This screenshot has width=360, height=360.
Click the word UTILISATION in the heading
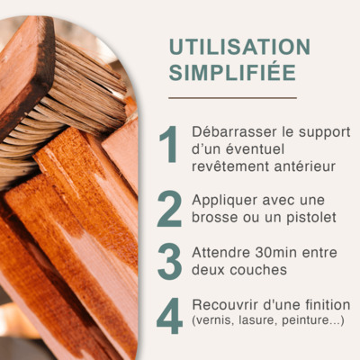(x=239, y=47)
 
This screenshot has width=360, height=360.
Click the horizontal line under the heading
(x=232, y=98)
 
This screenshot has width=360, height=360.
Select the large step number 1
(x=168, y=144)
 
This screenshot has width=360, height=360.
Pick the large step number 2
(x=169, y=209)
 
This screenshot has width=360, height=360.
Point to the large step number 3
(x=169, y=262)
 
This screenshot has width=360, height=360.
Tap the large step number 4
(x=169, y=316)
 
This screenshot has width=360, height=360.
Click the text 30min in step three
(x=276, y=253)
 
